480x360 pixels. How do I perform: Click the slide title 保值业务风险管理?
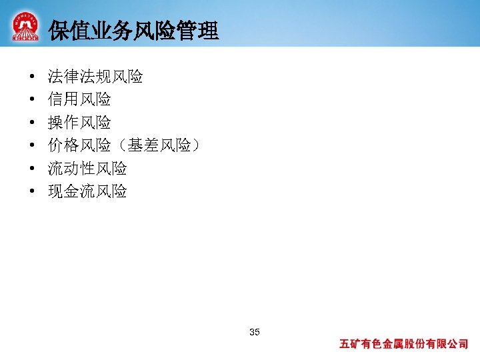click(133, 31)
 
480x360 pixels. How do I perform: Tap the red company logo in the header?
click(25, 27)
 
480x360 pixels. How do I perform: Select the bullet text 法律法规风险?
click(95, 77)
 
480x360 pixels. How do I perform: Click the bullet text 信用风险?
click(79, 100)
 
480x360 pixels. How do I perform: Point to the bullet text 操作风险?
click(79, 123)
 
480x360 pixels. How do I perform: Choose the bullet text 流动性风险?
click(87, 169)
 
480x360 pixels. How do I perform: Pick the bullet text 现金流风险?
click(87, 192)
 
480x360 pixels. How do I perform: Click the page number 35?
click(254, 332)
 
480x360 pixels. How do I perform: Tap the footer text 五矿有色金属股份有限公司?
click(404, 345)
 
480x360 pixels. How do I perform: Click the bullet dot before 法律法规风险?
click(32, 77)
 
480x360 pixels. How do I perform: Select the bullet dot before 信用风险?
click(32, 101)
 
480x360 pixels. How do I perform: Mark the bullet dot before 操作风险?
click(32, 123)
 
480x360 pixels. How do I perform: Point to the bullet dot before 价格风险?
click(32, 147)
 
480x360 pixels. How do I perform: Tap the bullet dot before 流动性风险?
click(32, 169)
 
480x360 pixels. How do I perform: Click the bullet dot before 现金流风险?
click(32, 193)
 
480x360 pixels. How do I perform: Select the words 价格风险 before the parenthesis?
click(79, 146)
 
